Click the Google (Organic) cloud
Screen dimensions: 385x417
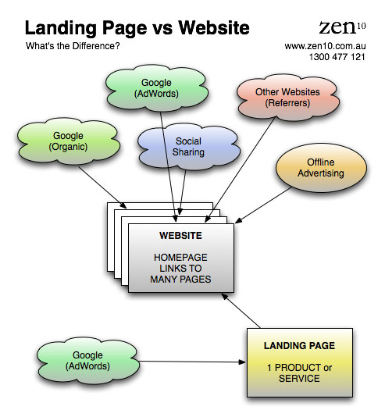(68, 141)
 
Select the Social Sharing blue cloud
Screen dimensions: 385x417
(188, 147)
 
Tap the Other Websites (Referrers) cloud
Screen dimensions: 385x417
(288, 98)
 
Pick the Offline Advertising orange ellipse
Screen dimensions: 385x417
(321, 168)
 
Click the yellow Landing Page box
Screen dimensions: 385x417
(300, 362)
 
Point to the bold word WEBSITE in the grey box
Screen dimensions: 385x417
(180, 235)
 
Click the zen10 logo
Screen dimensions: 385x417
(342, 27)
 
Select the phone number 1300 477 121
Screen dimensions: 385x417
(337, 57)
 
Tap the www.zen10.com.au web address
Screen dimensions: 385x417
(325, 46)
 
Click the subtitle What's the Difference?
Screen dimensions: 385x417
(73, 46)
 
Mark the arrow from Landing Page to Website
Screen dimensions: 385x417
(241, 310)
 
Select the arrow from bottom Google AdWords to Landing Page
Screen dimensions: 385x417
(192, 362)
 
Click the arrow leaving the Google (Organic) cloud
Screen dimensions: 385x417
(102, 187)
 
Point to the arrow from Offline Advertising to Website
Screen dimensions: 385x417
(263, 205)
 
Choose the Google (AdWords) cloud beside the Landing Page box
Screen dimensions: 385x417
(87, 361)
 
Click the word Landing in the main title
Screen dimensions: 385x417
(60, 28)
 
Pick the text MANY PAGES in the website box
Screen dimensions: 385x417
(180, 280)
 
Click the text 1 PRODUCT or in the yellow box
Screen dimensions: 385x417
(299, 368)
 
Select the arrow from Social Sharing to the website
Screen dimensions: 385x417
(183, 192)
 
